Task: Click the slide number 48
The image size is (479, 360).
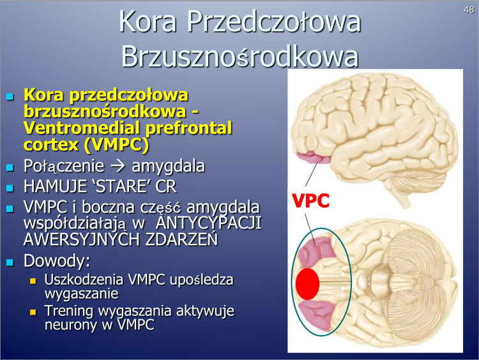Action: point(469,10)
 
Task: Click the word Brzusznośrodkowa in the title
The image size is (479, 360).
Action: point(240,56)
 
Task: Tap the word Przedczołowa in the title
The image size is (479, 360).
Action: point(274,21)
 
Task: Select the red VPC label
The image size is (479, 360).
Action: point(310,200)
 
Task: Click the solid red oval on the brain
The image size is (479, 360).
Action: point(307,284)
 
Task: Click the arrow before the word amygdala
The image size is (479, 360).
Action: point(118,166)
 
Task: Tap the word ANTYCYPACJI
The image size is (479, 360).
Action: point(209,223)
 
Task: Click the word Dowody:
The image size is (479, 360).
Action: point(57,261)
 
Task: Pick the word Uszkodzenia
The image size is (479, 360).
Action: point(84,280)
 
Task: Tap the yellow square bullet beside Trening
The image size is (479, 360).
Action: point(33,312)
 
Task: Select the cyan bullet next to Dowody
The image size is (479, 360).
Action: point(10,262)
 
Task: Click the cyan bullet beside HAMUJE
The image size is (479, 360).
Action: point(10,188)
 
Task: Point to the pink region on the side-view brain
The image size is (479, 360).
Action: point(313,158)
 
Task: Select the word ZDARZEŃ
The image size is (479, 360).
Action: point(182,239)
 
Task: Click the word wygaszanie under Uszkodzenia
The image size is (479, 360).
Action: point(82,294)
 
